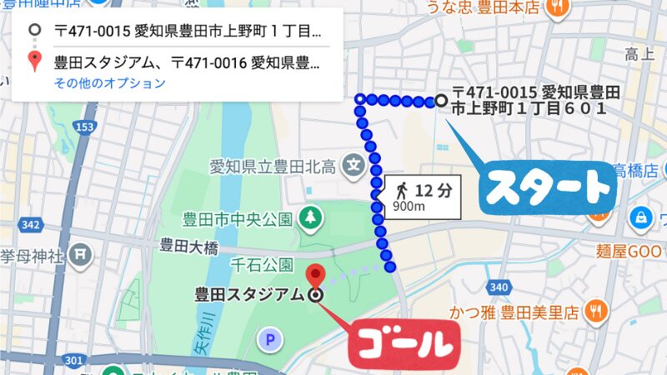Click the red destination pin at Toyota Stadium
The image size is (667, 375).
tap(315, 274)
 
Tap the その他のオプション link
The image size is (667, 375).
tap(110, 83)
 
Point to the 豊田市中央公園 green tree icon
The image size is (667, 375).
tap(310, 218)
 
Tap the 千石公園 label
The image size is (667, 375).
tap(263, 265)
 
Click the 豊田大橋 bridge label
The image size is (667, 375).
tap(188, 246)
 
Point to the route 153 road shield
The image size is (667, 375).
tap(83, 126)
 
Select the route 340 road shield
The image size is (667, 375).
tap(499, 288)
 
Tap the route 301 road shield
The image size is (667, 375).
tap(73, 361)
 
